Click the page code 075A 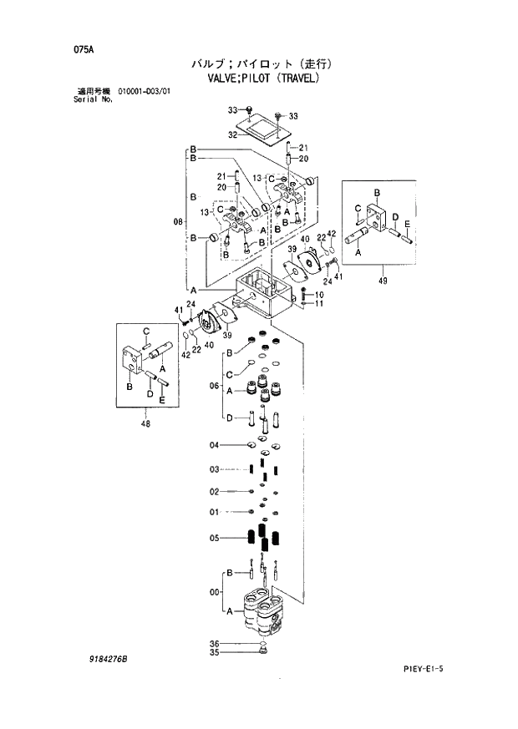click(83, 49)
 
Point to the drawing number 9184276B click(108, 659)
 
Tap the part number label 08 click(177, 221)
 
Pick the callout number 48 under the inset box click(148, 423)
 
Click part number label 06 click(214, 386)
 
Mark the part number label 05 click(214, 539)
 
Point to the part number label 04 click(214, 444)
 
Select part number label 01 click(214, 511)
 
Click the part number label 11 click(318, 303)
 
